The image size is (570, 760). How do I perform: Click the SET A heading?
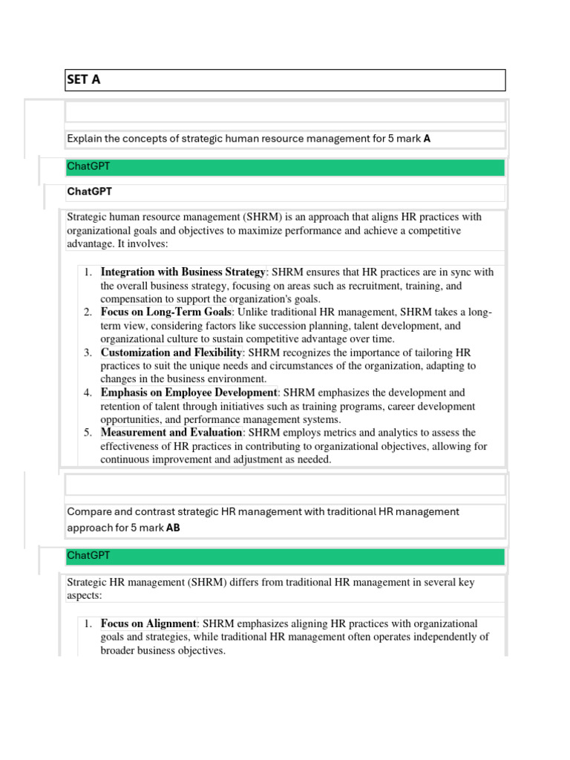84,80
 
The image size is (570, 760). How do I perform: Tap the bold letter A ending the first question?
427,139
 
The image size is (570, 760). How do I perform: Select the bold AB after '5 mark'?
173,528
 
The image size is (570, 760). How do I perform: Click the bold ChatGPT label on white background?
89,191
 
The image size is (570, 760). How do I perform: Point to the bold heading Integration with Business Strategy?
183,272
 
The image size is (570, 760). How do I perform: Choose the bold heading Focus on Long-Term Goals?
166,312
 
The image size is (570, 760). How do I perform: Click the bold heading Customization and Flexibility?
171,352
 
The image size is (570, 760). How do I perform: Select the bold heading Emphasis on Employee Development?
189,392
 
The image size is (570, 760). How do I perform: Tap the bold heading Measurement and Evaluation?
171,432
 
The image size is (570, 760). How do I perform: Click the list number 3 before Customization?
88,352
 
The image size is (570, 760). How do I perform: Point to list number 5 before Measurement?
88,432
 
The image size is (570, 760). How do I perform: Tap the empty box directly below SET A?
285,112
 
